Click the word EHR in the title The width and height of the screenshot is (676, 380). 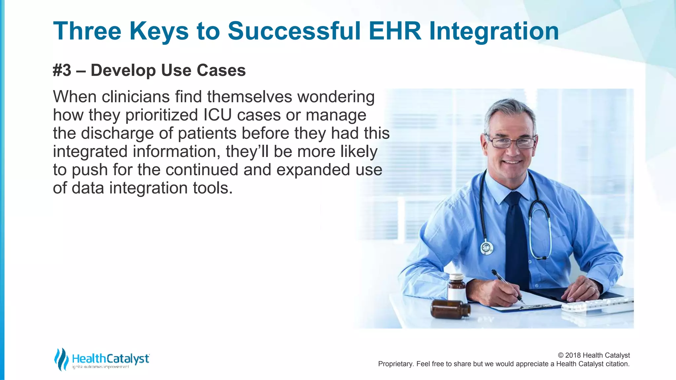(395, 31)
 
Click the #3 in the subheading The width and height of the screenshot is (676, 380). (62, 70)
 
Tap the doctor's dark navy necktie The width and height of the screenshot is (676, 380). (517, 237)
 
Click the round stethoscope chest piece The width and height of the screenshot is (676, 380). (487, 247)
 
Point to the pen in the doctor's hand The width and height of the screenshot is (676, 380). (507, 285)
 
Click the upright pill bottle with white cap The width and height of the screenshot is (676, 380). (456, 287)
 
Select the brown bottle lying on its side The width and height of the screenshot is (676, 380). (450, 309)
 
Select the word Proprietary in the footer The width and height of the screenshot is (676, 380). (395, 364)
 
